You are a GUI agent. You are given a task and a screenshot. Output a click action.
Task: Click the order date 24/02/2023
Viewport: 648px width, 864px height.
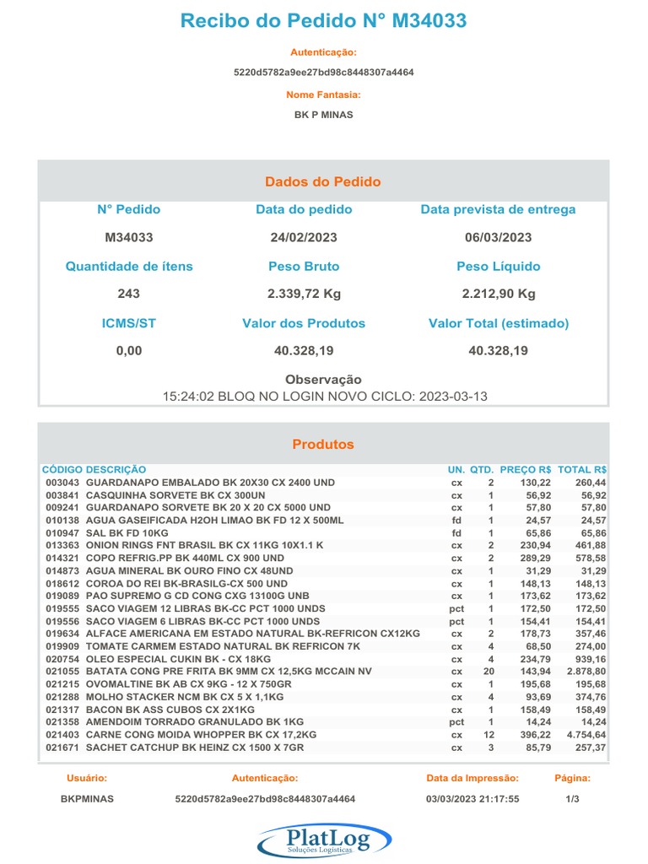coord(304,238)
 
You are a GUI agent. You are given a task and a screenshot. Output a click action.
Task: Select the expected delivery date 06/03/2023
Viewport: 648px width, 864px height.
coord(498,238)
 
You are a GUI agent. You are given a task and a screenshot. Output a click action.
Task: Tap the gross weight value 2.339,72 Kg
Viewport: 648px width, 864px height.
coord(304,294)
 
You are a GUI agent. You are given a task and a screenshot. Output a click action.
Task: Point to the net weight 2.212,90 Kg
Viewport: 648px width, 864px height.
coord(498,294)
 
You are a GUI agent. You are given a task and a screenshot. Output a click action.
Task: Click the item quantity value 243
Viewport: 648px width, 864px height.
coord(129,294)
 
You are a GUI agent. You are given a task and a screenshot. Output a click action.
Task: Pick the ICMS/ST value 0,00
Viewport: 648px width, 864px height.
coord(129,351)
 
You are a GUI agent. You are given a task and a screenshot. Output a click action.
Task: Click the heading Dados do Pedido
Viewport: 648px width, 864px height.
coord(323,182)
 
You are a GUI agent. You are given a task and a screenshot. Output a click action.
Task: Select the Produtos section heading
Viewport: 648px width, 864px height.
coord(323,445)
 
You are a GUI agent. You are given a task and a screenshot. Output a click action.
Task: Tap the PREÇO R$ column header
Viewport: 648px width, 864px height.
coord(526,469)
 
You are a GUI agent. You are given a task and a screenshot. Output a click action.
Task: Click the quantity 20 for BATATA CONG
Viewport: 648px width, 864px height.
coord(489,672)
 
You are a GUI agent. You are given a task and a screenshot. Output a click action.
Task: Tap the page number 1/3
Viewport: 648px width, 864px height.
coord(572,798)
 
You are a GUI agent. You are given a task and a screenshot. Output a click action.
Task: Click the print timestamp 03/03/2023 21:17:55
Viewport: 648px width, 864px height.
coord(472,798)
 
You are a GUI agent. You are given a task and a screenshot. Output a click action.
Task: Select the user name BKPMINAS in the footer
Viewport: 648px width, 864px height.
coord(88,798)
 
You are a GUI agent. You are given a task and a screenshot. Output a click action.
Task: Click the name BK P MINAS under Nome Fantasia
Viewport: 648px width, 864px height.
coord(323,115)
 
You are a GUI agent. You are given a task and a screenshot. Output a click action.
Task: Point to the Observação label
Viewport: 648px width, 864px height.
coord(323,381)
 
